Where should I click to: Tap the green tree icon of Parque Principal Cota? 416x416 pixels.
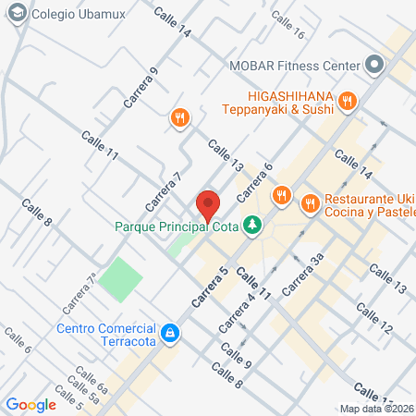(250, 225)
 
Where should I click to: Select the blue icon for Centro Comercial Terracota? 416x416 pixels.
(170, 333)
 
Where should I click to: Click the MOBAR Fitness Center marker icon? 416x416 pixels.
(373, 65)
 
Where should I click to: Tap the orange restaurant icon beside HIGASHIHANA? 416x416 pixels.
(347, 101)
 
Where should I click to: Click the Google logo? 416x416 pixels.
(31, 404)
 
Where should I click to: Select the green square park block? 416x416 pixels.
(121, 279)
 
